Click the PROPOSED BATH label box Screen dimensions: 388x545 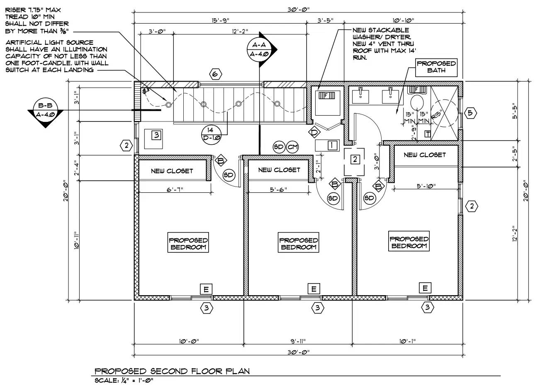[x=436, y=67]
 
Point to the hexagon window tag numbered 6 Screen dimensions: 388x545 [x=214, y=75]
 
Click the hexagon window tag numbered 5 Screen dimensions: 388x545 [x=470, y=113]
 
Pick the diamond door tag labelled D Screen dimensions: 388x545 [x=314, y=132]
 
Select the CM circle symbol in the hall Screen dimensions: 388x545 [x=293, y=147]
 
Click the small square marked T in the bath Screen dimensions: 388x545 [x=427, y=133]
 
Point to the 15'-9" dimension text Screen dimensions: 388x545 [x=220, y=20]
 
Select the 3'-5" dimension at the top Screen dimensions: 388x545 [x=325, y=20]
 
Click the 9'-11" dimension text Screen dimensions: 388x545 [x=298, y=341]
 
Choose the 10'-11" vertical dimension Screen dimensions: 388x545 [x=76, y=240]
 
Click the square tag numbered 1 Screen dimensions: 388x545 [x=332, y=145]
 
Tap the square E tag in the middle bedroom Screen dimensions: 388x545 [x=314, y=289]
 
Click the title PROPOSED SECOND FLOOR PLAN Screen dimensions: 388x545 [x=172, y=371]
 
